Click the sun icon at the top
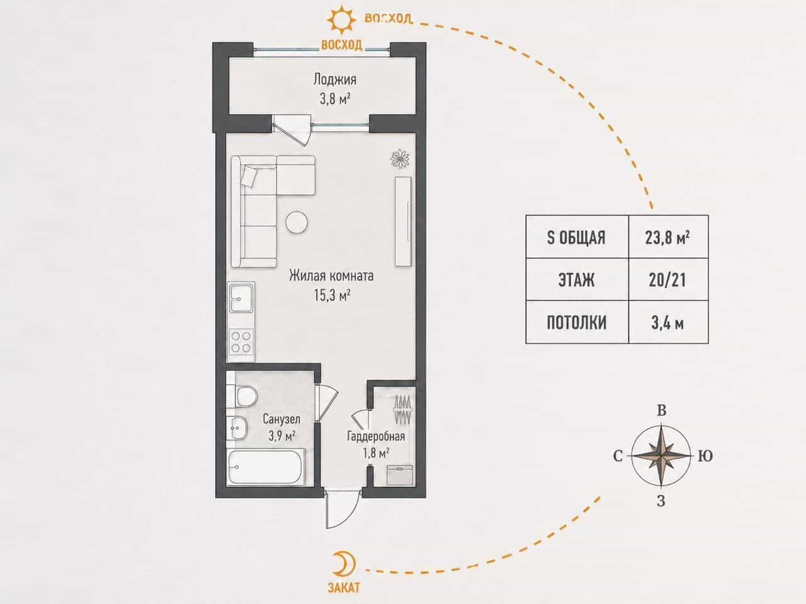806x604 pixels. pyautogui.click(x=341, y=20)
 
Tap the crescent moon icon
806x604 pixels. pyautogui.click(x=344, y=564)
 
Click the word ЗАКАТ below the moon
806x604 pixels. pyautogui.click(x=344, y=588)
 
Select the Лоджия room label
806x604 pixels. pyautogui.click(x=334, y=79)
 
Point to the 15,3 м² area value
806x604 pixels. pyautogui.click(x=332, y=295)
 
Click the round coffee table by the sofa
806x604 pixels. pyautogui.click(x=297, y=222)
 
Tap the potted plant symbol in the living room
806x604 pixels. pyautogui.click(x=400, y=159)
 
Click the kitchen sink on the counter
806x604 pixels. pyautogui.click(x=241, y=298)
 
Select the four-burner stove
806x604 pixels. pyautogui.click(x=241, y=341)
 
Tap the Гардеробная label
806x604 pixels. pyautogui.click(x=376, y=436)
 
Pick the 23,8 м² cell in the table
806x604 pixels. pyautogui.click(x=667, y=237)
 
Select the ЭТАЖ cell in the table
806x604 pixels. pyautogui.click(x=576, y=280)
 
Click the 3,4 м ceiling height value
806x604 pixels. pyautogui.click(x=667, y=323)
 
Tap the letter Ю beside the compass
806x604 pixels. pyautogui.click(x=705, y=457)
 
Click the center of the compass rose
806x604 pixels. pyautogui.click(x=661, y=456)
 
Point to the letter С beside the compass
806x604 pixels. pyautogui.click(x=618, y=457)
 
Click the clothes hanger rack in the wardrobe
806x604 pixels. pyautogui.click(x=403, y=409)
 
